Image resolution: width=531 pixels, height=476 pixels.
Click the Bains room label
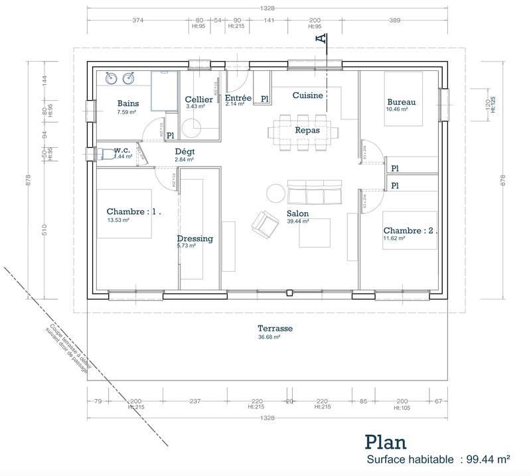pos(128,103)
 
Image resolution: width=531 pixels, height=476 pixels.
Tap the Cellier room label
pos(198,99)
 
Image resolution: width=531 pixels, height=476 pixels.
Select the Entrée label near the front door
pos(238,97)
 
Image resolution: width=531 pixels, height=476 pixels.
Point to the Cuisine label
pos(308,95)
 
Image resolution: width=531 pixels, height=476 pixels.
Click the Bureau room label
pos(402,102)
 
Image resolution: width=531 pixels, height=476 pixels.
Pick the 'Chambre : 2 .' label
pos(410,231)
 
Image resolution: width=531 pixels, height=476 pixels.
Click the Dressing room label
pos(194,239)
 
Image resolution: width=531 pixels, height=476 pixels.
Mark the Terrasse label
pos(275,329)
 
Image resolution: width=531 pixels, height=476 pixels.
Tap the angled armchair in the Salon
pos(265,223)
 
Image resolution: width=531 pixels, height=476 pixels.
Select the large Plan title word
pos(386,442)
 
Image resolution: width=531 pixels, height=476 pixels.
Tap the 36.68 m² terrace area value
pos(269,337)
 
